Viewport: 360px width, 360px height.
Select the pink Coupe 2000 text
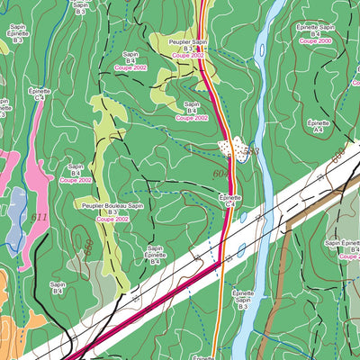(315, 41)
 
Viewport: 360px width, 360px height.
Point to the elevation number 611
(39, 218)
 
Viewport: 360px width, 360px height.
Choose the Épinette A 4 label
(318, 125)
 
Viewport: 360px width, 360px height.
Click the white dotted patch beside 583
(232, 147)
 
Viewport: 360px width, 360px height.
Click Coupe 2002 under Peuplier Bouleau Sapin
(112, 219)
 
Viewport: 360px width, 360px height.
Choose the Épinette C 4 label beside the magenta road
(230, 200)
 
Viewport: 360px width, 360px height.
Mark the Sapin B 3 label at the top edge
(80, 7)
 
